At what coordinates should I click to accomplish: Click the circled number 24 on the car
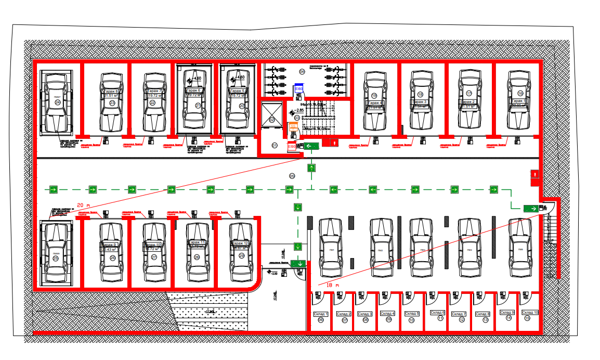58,102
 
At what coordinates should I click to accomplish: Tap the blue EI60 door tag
298,89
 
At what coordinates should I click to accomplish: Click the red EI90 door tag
292,147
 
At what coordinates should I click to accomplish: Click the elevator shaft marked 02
272,120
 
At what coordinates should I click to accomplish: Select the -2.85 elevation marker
300,111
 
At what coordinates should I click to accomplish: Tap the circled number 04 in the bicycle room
302,71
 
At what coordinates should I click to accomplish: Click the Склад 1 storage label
321,314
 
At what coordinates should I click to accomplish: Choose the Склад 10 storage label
529,312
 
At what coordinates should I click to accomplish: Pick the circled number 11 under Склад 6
440,319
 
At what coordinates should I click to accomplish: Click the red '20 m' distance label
84,204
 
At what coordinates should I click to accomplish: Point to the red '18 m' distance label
332,285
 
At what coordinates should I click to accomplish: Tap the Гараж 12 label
240,243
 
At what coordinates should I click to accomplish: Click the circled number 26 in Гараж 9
112,258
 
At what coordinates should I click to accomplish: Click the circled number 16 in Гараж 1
520,94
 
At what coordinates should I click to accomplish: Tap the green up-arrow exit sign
311,168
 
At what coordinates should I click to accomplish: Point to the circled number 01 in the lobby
275,145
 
